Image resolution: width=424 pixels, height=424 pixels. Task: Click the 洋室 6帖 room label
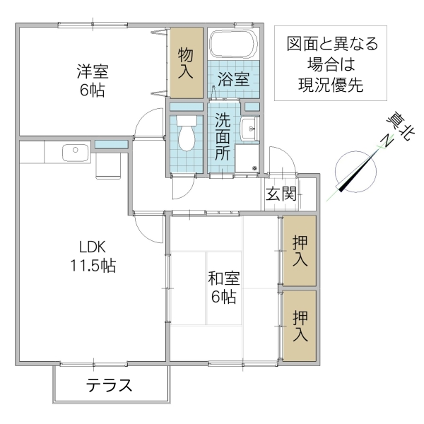tap(93, 80)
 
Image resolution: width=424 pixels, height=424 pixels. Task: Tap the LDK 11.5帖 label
tap(92, 257)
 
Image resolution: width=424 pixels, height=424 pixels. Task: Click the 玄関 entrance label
tap(281, 194)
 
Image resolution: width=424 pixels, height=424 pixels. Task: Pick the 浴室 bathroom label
tap(232, 78)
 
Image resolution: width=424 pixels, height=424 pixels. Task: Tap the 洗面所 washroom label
tap(223, 137)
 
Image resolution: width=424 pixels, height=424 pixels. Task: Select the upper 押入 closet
tap(300, 250)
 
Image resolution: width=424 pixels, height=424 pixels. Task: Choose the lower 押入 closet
tap(300, 326)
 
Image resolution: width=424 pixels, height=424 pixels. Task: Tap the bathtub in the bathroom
tap(232, 45)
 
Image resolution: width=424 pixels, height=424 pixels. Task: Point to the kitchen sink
tap(74, 151)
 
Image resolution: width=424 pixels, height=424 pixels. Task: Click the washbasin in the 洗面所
tap(249, 129)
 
